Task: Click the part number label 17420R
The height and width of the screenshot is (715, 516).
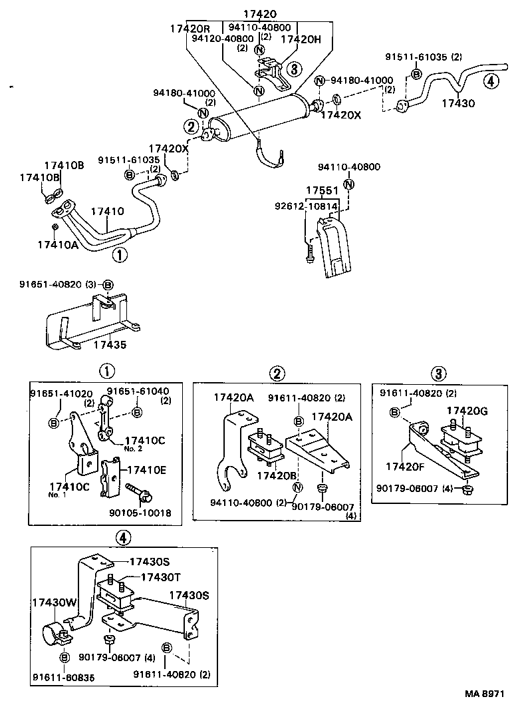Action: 190,29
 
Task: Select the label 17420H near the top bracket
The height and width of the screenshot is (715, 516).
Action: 300,39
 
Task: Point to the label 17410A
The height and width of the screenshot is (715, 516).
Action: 58,245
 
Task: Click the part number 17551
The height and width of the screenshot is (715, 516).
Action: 322,191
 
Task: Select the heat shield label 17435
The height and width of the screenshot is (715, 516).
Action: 110,345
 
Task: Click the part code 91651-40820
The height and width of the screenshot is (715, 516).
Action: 50,284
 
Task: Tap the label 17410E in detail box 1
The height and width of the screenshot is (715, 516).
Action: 146,469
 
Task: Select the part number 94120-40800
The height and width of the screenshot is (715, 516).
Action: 219,39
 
